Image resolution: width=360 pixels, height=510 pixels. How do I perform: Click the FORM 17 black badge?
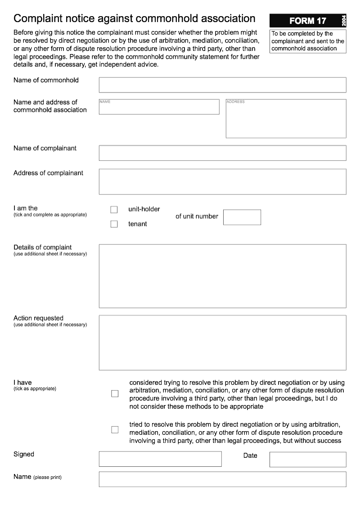[308, 21]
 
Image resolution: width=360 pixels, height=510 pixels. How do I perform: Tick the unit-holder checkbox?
[114, 209]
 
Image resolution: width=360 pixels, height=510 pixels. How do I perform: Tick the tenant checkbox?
[114, 224]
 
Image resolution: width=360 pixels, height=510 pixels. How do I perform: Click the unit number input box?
[242, 217]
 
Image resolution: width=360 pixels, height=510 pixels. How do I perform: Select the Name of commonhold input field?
[222, 85]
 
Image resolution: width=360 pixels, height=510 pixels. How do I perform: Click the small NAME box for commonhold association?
[159, 107]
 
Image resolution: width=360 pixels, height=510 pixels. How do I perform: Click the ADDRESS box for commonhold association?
[286, 118]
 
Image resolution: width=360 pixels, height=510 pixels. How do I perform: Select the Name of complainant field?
[222, 153]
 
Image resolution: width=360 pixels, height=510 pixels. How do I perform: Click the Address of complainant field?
[222, 182]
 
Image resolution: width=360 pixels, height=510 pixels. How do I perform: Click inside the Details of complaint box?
[222, 276]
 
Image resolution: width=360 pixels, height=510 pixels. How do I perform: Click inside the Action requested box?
[222, 343]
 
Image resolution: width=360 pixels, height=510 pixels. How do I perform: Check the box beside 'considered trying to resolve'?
[115, 393]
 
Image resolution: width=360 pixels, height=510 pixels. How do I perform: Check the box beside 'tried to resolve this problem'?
[115, 429]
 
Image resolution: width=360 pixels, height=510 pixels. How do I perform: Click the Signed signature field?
[160, 459]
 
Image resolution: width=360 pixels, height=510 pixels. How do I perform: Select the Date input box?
[308, 460]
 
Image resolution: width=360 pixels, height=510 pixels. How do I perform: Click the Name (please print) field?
[222, 479]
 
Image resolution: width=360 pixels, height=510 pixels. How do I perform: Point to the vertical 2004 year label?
[344, 21]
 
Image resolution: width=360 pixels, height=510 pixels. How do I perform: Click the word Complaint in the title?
[36, 18]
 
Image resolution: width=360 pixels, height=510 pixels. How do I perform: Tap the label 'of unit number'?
[197, 217]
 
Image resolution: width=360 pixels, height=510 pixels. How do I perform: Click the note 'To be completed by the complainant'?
[308, 41]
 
